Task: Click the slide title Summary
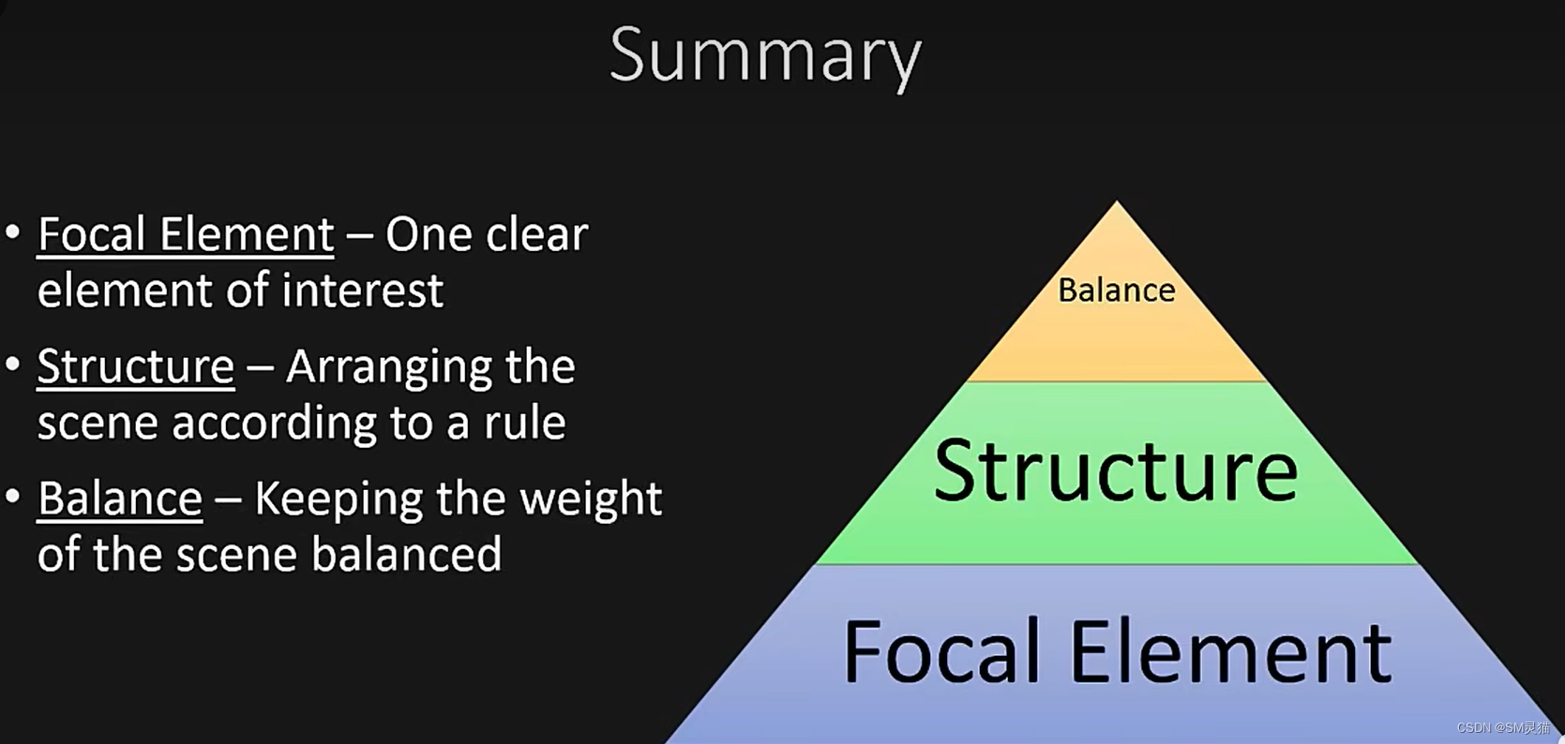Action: [765, 54]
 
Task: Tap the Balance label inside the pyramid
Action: [1116, 290]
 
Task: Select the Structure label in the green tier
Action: [1116, 471]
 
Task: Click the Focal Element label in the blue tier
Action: [1117, 652]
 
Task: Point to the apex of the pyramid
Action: [1116, 203]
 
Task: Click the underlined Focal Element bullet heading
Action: [186, 234]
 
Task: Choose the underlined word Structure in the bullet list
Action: [136, 366]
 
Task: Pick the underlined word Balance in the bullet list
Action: [120, 498]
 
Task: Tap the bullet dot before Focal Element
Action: [13, 231]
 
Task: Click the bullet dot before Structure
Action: [13, 364]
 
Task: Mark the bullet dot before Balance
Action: [13, 496]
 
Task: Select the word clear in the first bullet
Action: [537, 234]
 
